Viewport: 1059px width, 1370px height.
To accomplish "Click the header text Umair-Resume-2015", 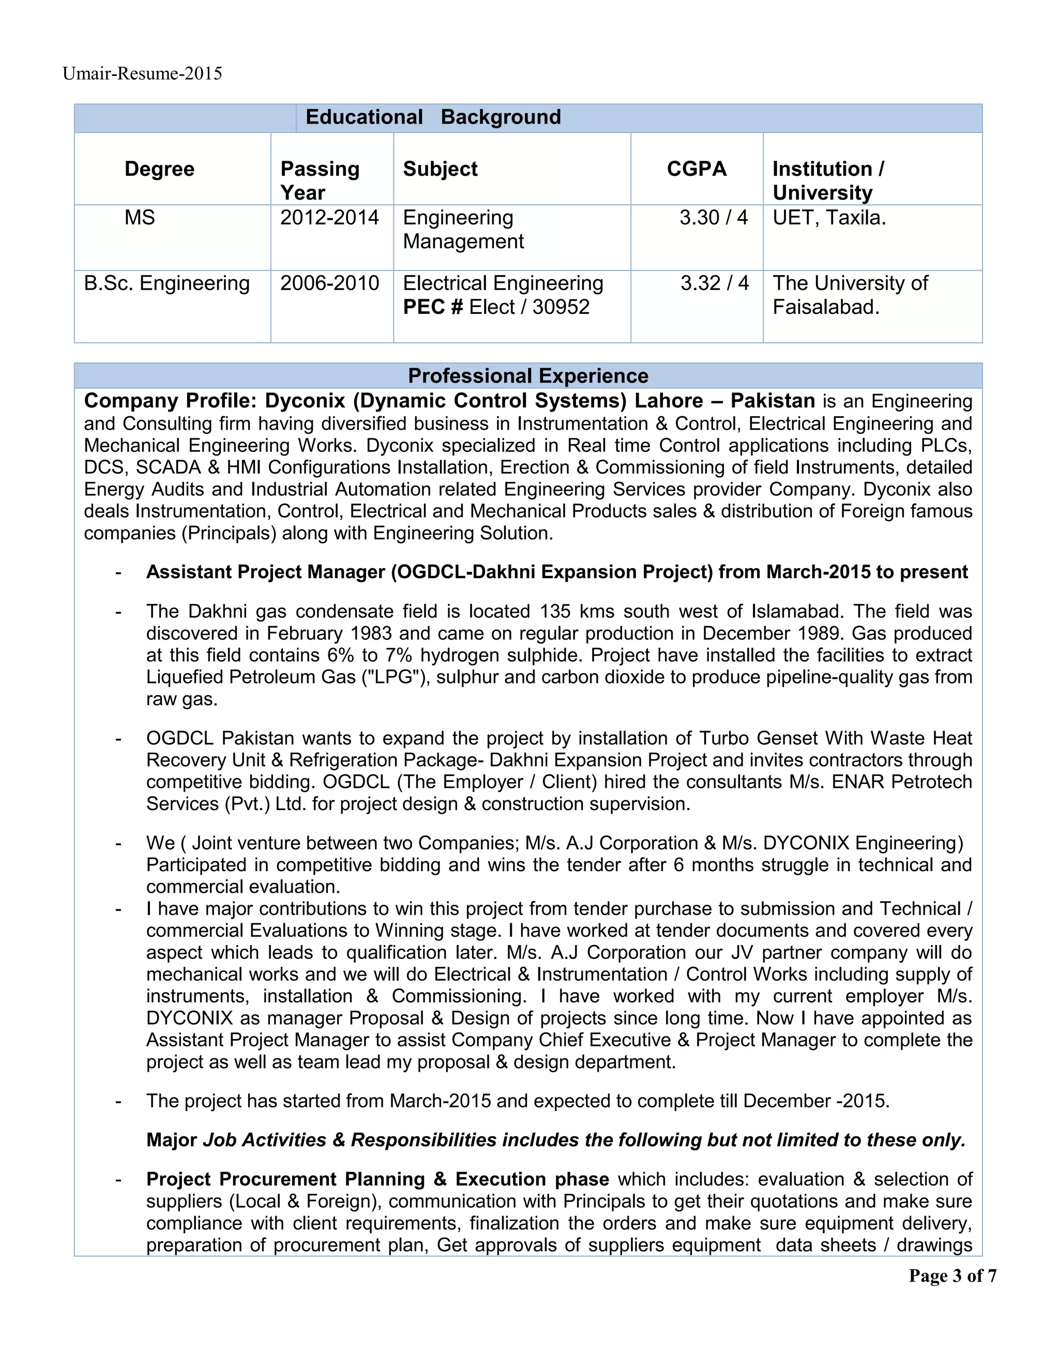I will point(142,74).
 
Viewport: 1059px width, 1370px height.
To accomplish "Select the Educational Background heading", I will point(433,117).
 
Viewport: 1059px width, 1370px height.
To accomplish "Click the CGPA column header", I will point(697,169).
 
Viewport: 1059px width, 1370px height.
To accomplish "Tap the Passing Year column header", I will point(320,180).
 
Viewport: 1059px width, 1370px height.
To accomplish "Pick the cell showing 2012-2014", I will point(329,218).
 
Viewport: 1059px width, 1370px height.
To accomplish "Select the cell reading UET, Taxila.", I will point(829,218).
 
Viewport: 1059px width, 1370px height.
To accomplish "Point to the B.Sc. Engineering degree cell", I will point(167,283).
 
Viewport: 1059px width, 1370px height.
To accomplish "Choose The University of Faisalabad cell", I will point(850,295).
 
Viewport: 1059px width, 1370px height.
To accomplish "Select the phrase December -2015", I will point(815,1101).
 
